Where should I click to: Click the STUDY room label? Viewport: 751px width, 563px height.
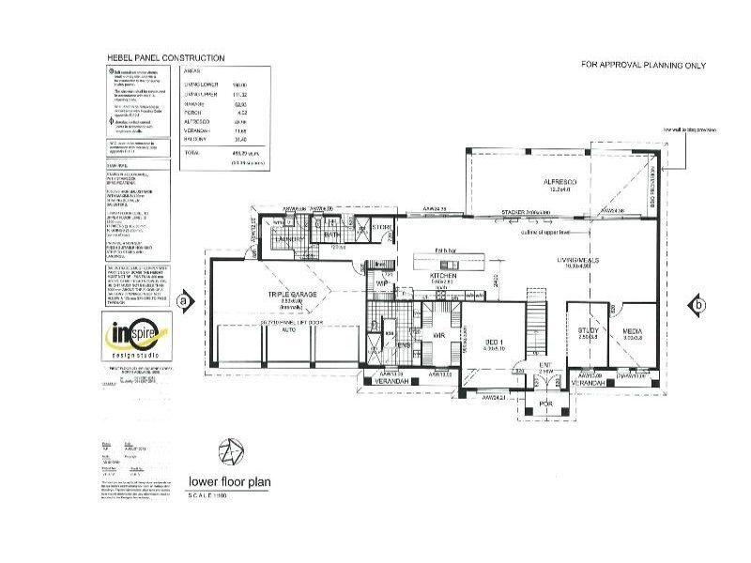click(589, 330)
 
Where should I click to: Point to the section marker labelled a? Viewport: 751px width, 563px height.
click(184, 301)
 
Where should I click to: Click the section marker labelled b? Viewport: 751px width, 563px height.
click(696, 304)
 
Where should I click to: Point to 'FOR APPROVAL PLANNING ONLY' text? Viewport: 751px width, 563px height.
click(643, 66)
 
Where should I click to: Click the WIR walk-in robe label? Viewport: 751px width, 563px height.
click(437, 334)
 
